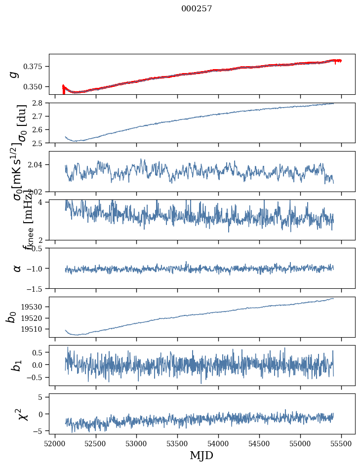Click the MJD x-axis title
[x=201, y=455]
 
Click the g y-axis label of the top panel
[x=15, y=74]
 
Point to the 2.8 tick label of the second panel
[x=40, y=103]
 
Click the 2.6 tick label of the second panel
[x=40, y=129]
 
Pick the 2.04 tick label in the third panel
[x=38, y=164]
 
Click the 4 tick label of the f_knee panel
[x=43, y=202]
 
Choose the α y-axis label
[x=17, y=268]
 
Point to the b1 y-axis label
[x=16, y=365]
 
